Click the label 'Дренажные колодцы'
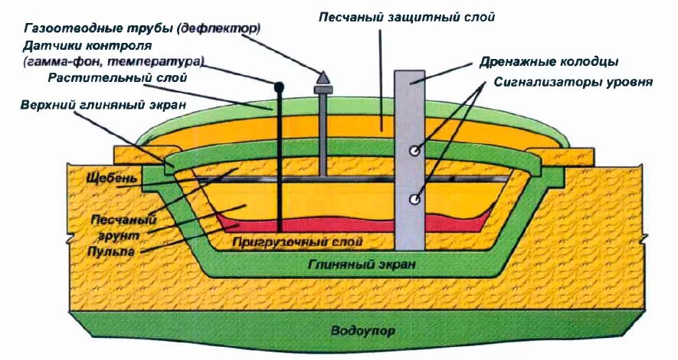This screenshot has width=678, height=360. pyautogui.click(x=549, y=61)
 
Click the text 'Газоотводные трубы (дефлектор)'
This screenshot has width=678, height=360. pyautogui.click(x=142, y=28)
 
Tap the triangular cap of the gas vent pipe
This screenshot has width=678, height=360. pyautogui.click(x=323, y=77)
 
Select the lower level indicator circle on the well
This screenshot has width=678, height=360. pyautogui.click(x=414, y=200)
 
